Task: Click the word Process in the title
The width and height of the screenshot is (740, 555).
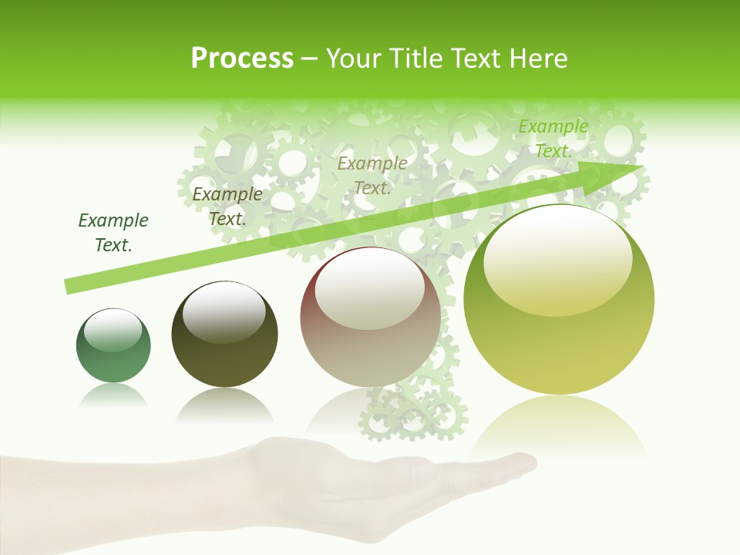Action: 242,59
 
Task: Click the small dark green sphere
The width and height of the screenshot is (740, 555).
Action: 113,345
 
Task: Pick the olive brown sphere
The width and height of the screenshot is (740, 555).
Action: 224,334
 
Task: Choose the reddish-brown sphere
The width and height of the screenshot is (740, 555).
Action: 371,318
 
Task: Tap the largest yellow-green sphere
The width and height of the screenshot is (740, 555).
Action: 559,300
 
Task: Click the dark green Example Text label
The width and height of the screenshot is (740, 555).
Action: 113,233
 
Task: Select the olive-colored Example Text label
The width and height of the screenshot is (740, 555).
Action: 227,207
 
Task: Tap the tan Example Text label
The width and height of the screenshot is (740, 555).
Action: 372,176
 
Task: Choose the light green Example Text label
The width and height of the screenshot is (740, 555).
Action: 553,139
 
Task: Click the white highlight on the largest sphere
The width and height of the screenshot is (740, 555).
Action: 557,257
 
